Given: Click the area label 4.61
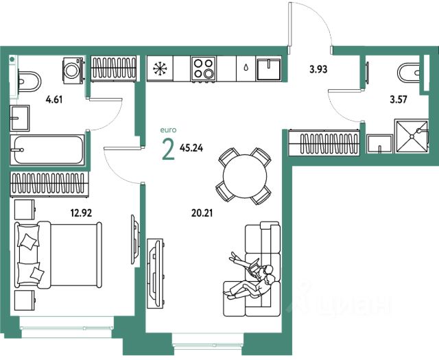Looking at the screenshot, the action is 54,99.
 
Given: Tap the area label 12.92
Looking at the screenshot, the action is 81,213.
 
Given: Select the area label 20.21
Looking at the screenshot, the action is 202,213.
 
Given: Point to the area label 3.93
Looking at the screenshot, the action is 318,69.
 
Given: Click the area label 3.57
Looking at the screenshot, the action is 399,99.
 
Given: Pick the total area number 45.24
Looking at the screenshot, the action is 191,148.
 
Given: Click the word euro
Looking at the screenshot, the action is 168,130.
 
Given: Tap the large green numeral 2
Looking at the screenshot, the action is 169,149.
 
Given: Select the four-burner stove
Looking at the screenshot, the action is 203,69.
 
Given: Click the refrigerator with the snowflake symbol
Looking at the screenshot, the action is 160,69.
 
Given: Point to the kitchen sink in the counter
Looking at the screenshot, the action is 269,69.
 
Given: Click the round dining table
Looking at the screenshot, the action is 245,176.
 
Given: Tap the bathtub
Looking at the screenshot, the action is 47,149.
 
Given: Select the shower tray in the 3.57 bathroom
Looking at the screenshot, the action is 412,137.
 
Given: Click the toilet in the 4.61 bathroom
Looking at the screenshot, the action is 29,82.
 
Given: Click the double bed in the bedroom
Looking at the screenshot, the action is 58,254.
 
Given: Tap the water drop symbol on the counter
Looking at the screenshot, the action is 246,67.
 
